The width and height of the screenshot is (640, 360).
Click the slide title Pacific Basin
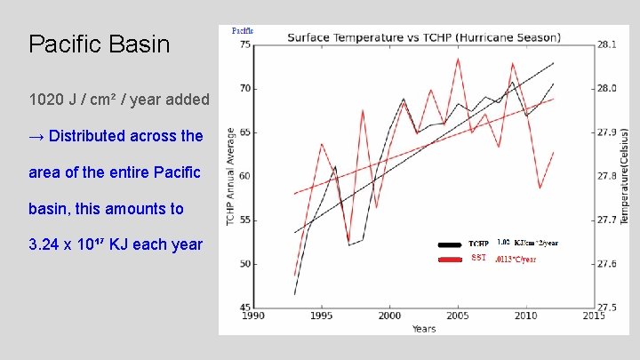(99, 44)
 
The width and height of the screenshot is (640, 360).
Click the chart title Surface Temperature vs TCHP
(423, 37)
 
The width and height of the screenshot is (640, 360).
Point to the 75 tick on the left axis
(245, 45)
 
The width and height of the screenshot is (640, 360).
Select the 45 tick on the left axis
(245, 308)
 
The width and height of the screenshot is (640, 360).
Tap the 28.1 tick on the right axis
(604, 45)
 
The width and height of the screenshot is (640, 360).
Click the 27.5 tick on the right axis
(604, 308)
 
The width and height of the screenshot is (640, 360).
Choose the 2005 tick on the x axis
(458, 316)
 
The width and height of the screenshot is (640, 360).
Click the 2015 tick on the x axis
(593, 316)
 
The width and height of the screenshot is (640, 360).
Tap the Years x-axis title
(423, 328)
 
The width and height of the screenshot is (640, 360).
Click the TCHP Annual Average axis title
(231, 176)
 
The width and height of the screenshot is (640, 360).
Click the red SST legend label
(478, 259)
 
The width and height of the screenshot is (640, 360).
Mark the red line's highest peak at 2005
(458, 59)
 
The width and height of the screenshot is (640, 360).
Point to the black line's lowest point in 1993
(295, 294)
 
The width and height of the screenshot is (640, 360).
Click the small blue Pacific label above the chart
(243, 30)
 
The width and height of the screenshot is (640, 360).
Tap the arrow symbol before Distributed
(36, 137)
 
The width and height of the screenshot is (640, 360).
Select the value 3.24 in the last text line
(44, 244)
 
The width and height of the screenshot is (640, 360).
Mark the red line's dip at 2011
(540, 188)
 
